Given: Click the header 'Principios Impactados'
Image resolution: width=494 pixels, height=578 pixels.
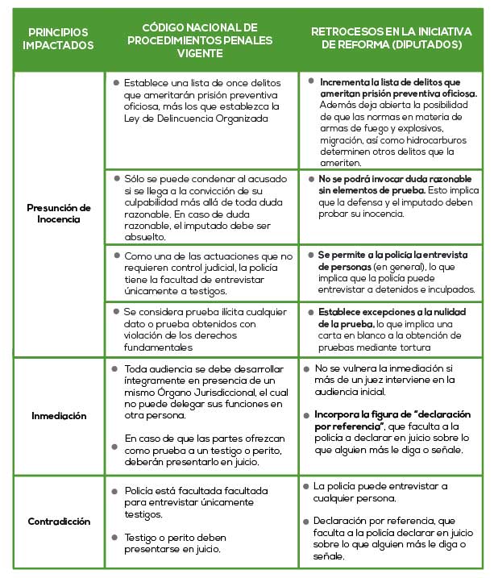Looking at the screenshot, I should [58, 38].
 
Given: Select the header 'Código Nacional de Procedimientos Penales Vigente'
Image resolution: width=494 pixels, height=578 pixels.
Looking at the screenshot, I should [205, 38].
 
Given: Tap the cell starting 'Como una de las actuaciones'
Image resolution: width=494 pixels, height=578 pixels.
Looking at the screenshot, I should [201, 272].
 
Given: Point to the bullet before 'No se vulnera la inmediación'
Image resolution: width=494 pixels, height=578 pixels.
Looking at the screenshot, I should [306, 368].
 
